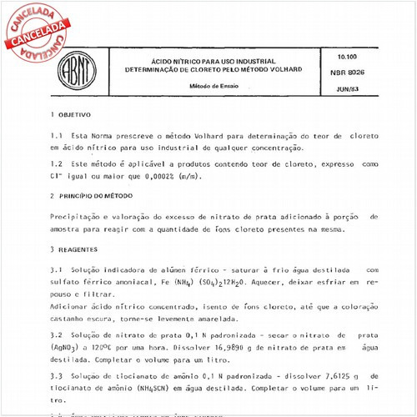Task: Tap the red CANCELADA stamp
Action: (36, 34)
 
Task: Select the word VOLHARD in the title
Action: (284, 69)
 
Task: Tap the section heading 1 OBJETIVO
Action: (71, 113)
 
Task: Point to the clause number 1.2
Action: (57, 165)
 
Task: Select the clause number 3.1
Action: (57, 270)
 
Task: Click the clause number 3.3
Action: (57, 377)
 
